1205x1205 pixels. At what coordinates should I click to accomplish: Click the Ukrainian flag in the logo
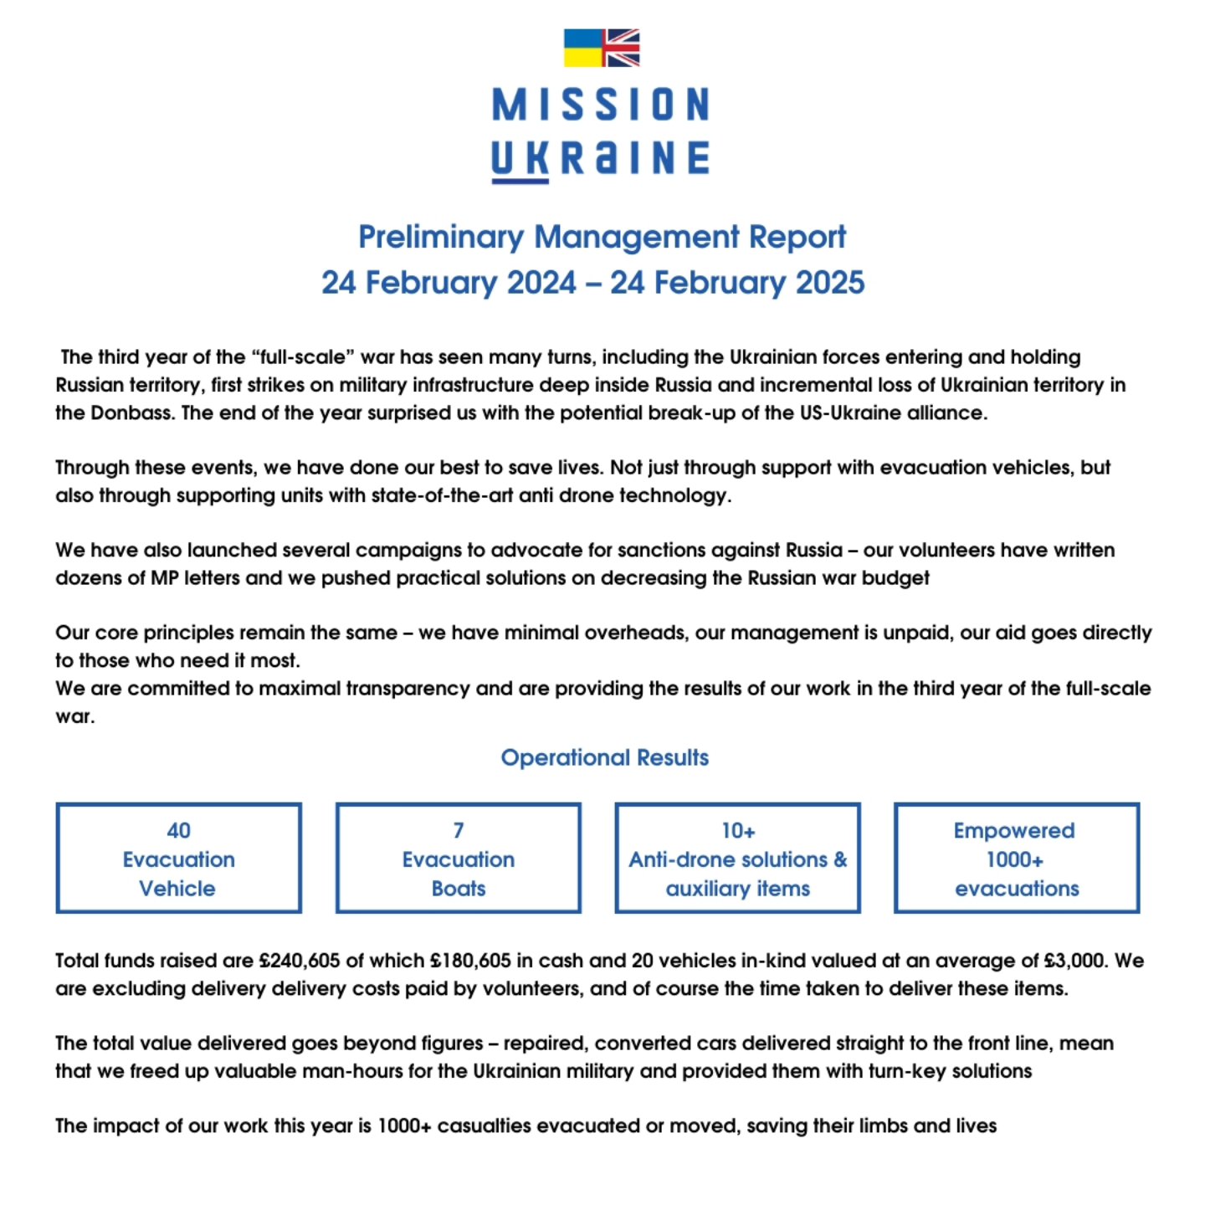[583, 48]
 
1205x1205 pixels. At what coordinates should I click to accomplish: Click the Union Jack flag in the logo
[622, 48]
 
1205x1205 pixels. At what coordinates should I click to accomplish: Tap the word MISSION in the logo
[601, 105]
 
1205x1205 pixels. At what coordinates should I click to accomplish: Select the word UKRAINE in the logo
[601, 158]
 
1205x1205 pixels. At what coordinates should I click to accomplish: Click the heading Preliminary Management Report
[602, 237]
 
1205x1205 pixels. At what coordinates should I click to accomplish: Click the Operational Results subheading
[604, 757]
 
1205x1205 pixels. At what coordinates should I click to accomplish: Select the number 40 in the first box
[178, 830]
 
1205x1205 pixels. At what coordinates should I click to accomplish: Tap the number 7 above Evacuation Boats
[459, 830]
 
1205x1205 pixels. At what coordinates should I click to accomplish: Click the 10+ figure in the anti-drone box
[738, 830]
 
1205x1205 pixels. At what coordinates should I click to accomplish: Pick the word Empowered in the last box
[1014, 830]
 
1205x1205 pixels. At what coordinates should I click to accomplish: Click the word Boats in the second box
[459, 889]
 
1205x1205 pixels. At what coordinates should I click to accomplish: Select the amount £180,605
[470, 961]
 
